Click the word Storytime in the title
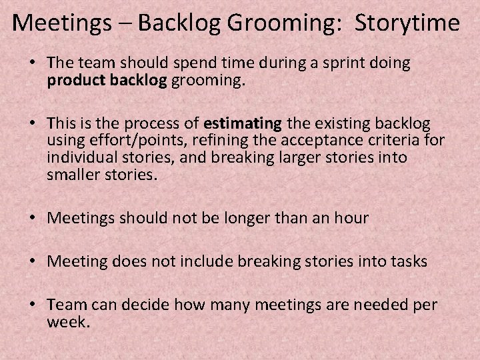[x=407, y=23]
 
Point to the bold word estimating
[x=243, y=123]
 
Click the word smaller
[x=76, y=175]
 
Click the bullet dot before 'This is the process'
[x=33, y=124]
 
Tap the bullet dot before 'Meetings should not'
[x=33, y=219]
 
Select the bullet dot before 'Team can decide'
[x=33, y=305]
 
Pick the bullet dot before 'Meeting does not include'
[x=33, y=262]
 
